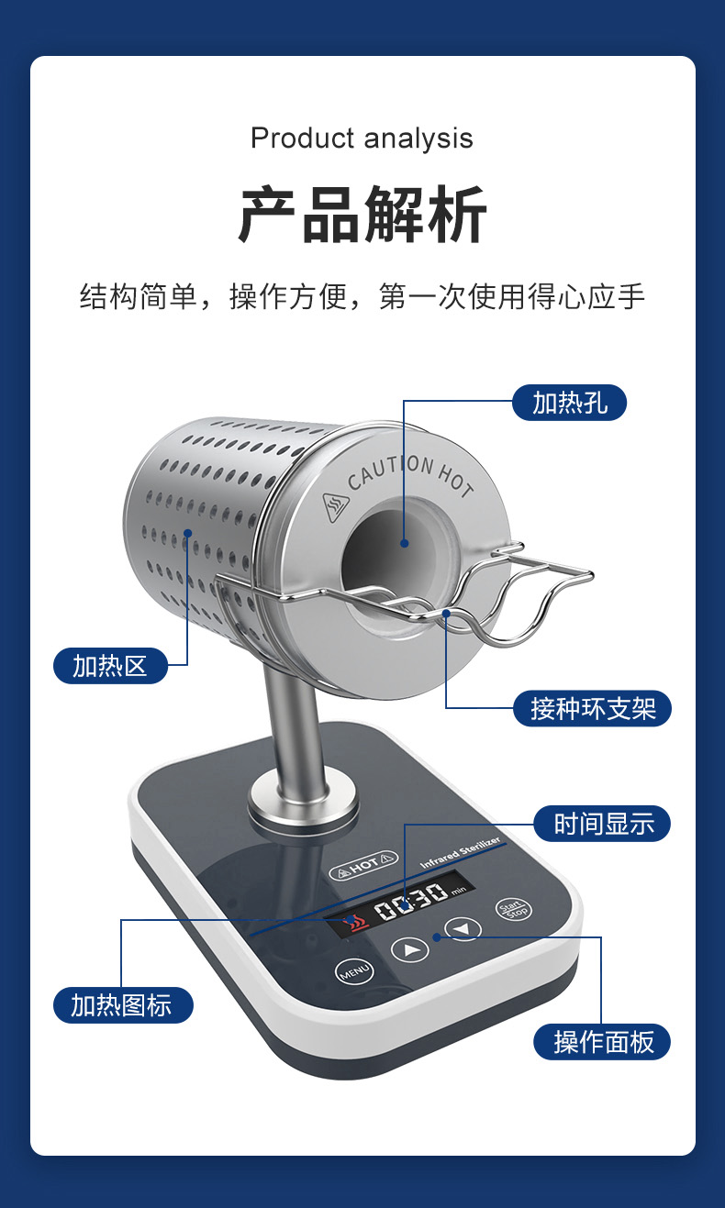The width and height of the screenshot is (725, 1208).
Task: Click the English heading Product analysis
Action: click(x=362, y=139)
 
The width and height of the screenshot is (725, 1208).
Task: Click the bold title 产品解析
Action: click(x=362, y=216)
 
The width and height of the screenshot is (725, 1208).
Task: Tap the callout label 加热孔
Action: click(x=569, y=402)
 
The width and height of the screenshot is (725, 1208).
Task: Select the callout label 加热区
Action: click(x=110, y=665)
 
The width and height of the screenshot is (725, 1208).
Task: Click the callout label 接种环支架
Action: click(x=593, y=708)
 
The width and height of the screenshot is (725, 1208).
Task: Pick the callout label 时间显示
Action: click(x=604, y=824)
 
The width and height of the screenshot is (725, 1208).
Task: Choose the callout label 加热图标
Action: click(x=122, y=1004)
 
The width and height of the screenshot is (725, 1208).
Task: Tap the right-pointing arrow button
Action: click(x=410, y=949)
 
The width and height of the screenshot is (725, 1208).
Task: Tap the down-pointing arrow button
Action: click(x=463, y=928)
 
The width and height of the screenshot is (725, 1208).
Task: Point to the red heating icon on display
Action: click(x=350, y=923)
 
